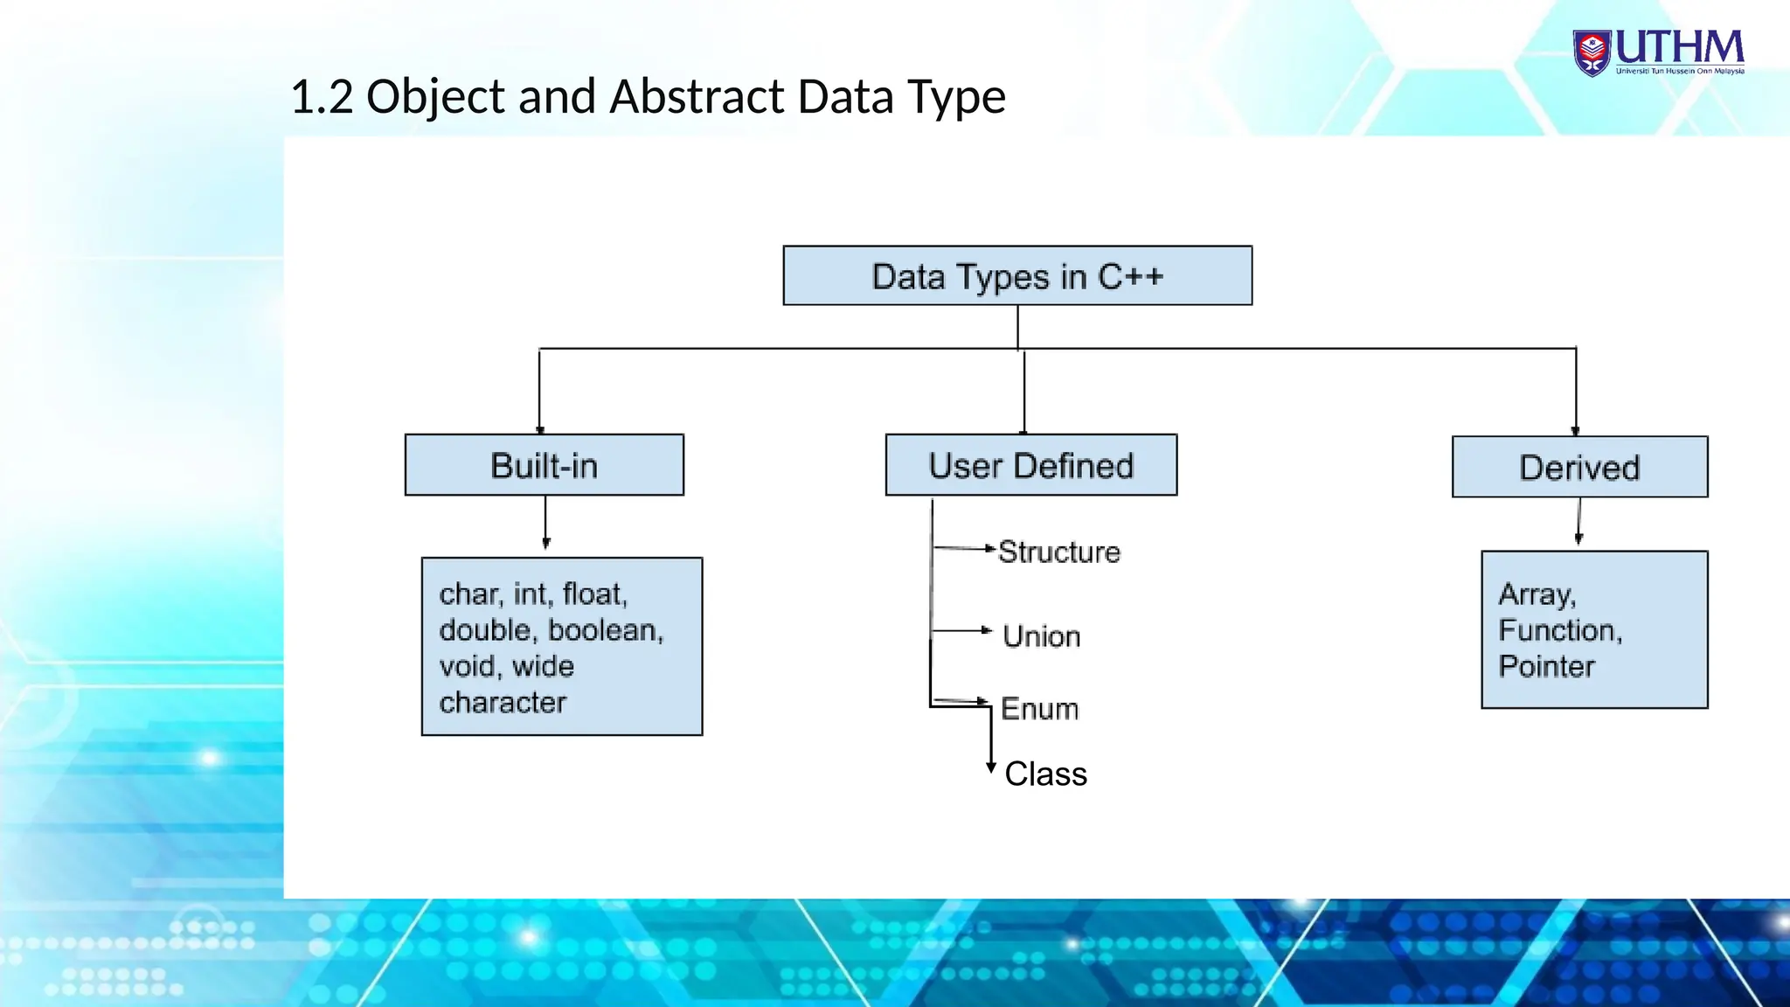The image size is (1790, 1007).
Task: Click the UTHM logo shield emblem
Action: [1592, 52]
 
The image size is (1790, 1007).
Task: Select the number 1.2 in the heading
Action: [321, 97]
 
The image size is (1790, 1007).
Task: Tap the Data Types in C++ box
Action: [1017, 276]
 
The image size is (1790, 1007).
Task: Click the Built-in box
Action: [544, 465]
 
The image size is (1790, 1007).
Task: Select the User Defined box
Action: [1030, 465]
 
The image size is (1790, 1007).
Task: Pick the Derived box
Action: [1578, 467]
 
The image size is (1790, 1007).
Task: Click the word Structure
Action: [1058, 552]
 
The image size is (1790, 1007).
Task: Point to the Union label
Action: [1041, 636]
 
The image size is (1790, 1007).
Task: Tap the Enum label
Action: [1039, 709]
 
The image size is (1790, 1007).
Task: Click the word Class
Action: [1045, 774]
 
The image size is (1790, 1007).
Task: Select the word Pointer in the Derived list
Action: [1545, 667]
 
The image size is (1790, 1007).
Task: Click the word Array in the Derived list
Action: [1536, 594]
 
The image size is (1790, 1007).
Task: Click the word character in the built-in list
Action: [503, 703]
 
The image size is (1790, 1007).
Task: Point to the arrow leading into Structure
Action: [965, 549]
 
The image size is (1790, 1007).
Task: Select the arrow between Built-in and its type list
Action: [545, 523]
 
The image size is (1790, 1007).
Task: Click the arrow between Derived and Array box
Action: [1578, 522]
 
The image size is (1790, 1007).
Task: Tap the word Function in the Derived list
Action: [1558, 630]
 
